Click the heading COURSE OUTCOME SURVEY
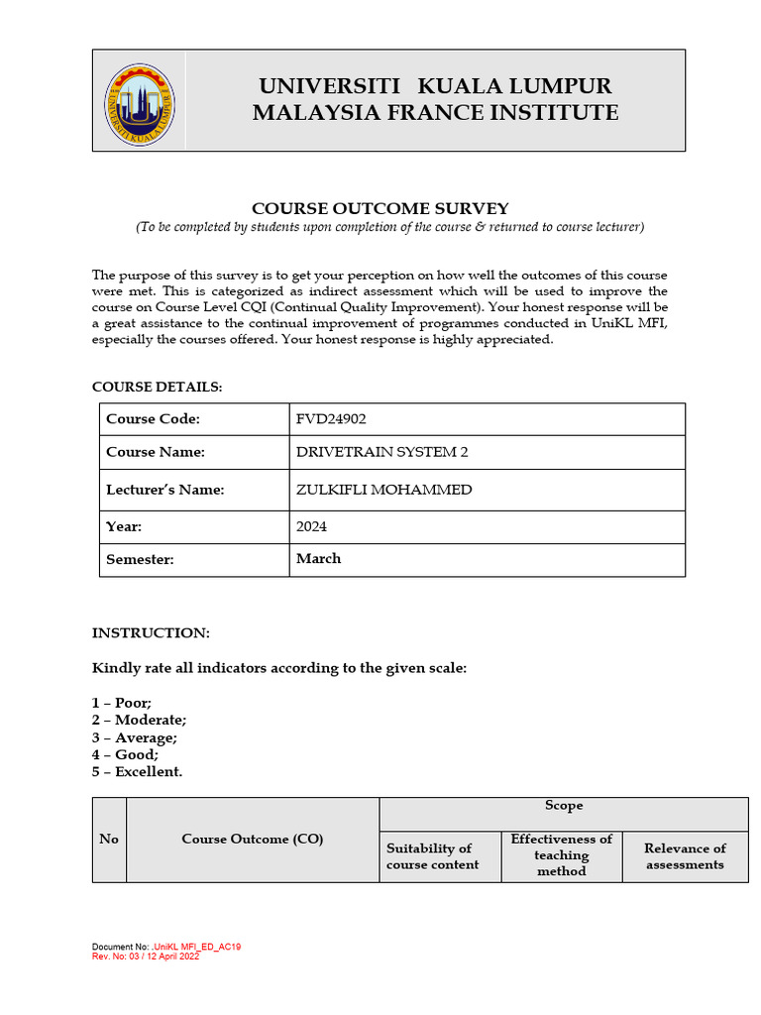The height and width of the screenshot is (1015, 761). [380, 208]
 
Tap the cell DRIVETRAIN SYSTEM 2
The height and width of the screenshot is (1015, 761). [382, 452]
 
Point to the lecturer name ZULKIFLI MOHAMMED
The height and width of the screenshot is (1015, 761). [383, 490]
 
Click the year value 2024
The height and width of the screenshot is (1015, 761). [311, 526]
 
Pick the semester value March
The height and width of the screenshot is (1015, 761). [318, 559]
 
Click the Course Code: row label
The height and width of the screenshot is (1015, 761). [153, 419]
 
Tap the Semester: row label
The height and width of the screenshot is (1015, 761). [140, 559]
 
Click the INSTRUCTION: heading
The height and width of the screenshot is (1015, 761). [151, 632]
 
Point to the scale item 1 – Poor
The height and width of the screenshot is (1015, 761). [122, 703]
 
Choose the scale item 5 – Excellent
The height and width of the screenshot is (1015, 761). [137, 771]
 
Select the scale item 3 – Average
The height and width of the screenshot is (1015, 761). [135, 737]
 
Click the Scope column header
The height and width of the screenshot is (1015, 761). [564, 806]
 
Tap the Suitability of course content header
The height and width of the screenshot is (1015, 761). [432, 855]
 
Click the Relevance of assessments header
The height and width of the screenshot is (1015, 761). [685, 855]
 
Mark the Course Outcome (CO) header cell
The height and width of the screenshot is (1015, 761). [253, 839]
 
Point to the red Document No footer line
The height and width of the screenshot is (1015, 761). [166, 947]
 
